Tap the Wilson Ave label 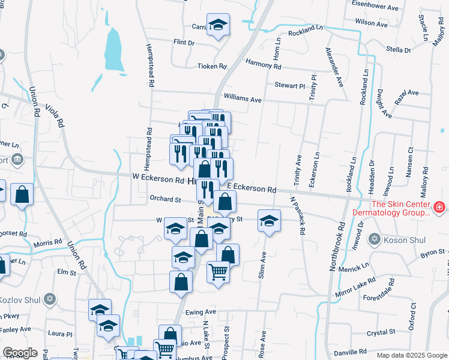(x=372, y=23)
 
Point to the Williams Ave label (x=243, y=98)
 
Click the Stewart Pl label (x=290, y=86)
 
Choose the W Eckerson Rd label (x=158, y=179)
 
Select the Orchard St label (x=165, y=199)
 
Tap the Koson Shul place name (x=405, y=240)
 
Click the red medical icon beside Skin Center (x=439, y=208)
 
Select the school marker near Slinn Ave (x=270, y=220)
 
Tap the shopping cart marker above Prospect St (x=218, y=271)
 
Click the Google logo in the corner (x=20, y=352)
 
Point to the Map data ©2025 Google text (x=411, y=355)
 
